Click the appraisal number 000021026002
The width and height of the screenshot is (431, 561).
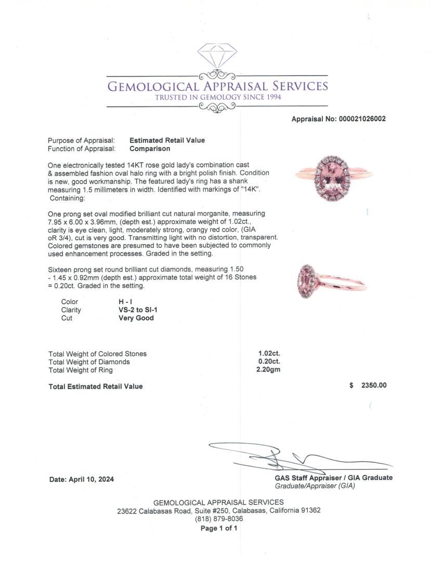click(x=362, y=119)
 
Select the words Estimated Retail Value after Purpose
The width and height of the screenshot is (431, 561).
click(x=167, y=140)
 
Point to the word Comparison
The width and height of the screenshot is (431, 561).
click(x=150, y=149)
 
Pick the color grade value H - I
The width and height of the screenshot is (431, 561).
click(x=127, y=302)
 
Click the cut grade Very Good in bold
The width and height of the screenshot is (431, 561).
click(x=136, y=318)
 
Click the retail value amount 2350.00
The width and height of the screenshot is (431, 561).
click(x=374, y=385)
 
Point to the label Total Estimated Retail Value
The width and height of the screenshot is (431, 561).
click(x=95, y=386)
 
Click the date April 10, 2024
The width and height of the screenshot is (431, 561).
click(x=91, y=479)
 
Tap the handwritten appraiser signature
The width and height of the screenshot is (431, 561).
click(x=291, y=457)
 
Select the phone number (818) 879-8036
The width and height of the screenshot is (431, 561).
click(x=219, y=519)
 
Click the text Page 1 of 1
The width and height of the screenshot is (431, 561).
click(x=219, y=528)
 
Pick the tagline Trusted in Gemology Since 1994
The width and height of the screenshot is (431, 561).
click(x=217, y=97)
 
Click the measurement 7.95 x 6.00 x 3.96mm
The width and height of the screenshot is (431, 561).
click(x=83, y=222)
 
